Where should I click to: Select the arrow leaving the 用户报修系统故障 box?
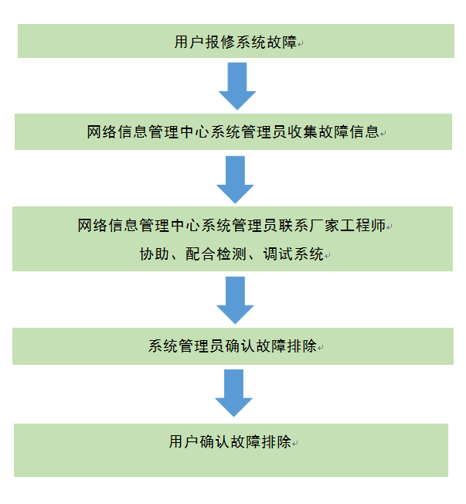(236, 85)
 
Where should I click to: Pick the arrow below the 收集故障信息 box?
(235, 179)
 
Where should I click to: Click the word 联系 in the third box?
(298, 226)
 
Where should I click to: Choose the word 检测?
(232, 254)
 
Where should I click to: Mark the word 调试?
(278, 254)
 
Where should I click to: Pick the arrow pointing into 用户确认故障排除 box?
(233, 392)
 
